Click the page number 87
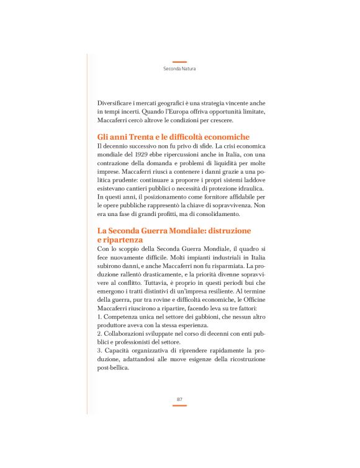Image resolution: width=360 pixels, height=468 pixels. point(179,398)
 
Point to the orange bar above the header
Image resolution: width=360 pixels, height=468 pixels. point(179,61)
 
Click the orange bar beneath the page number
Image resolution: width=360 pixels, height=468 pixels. point(179,405)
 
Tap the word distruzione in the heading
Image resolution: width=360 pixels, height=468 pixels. point(228,230)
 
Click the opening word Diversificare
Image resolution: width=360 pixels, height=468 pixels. point(119,102)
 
